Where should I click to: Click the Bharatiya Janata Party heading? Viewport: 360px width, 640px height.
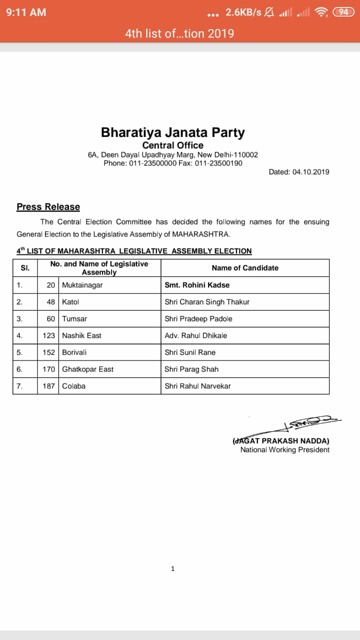[172, 132]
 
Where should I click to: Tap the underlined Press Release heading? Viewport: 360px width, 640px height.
[48, 207]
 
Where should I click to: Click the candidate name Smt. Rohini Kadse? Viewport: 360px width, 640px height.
[197, 285]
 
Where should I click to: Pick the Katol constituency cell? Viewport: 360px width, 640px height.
[70, 302]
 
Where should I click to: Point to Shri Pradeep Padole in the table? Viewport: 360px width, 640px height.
[198, 318]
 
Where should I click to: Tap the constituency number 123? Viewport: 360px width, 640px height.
[48, 335]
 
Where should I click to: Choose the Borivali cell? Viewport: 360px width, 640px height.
[74, 352]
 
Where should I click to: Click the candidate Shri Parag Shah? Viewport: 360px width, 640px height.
[191, 369]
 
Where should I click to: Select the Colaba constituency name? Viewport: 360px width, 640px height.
[73, 386]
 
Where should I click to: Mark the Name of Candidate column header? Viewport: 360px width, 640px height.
[245, 268]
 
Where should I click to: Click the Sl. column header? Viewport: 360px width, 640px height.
[25, 268]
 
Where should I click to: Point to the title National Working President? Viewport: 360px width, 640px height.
[285, 449]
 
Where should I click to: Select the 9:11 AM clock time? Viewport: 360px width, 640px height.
[26, 12]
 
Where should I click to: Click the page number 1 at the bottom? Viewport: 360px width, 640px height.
[172, 568]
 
